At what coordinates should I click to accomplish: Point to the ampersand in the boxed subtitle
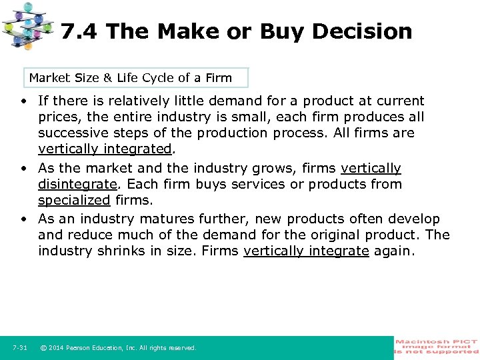(x=107, y=78)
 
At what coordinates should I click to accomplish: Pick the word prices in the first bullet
(x=59, y=117)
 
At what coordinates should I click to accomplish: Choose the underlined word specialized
(x=73, y=200)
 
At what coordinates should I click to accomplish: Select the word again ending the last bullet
(x=394, y=251)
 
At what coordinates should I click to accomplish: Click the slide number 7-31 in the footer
(x=20, y=348)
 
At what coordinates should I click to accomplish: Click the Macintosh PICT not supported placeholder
(x=436, y=347)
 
